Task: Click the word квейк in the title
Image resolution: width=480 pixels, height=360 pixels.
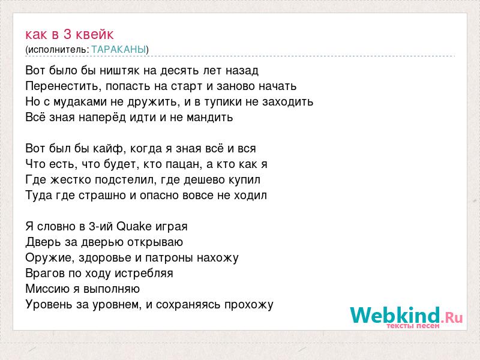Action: [x=95, y=34]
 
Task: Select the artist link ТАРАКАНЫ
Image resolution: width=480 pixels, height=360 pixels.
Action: [x=119, y=49]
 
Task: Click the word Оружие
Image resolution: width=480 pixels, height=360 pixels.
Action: [x=50, y=258]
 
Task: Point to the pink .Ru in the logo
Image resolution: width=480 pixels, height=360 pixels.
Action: [x=452, y=317]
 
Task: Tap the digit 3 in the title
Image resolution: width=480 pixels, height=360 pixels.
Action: [x=67, y=34]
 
